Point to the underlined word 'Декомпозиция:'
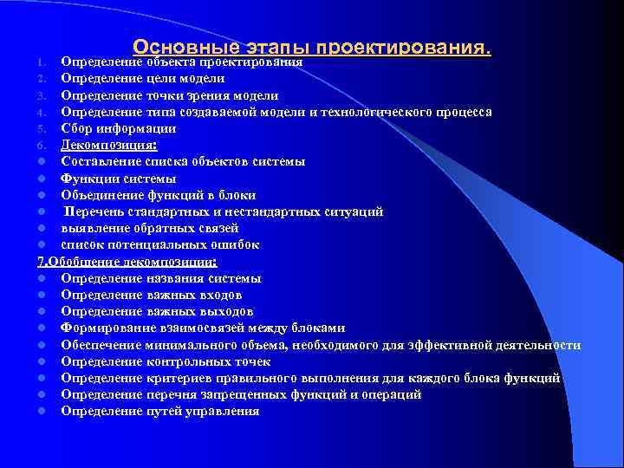(108, 145)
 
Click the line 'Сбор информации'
(118, 128)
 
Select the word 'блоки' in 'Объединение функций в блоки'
(237, 195)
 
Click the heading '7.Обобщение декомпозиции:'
(127, 261)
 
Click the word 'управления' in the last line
(221, 411)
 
